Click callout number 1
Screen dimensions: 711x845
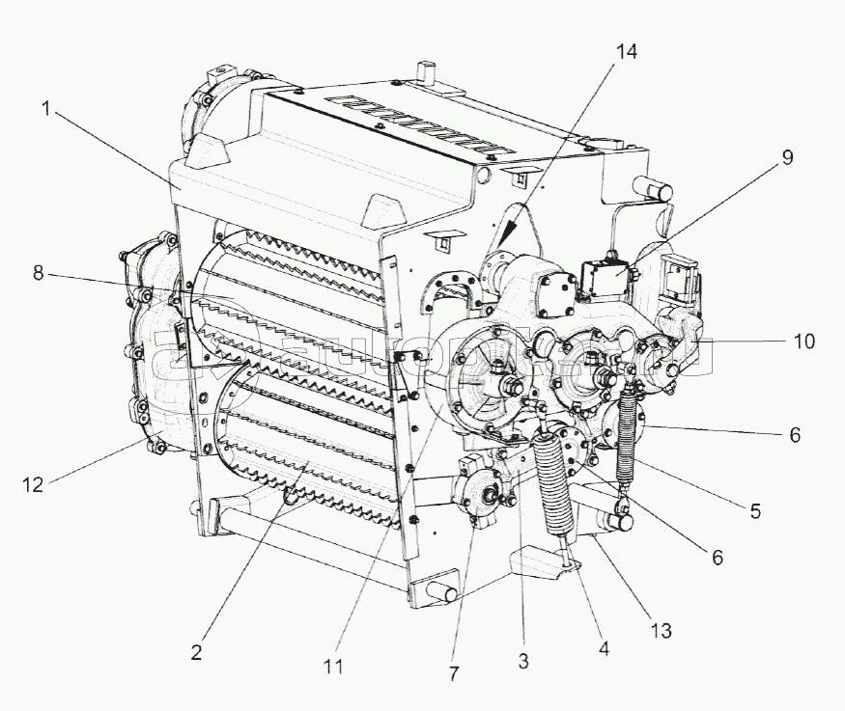click(x=45, y=110)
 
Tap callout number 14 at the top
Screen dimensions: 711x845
click(x=627, y=53)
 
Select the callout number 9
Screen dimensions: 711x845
click(x=788, y=158)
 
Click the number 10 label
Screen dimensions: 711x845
click(x=803, y=342)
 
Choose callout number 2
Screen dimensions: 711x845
click(x=196, y=652)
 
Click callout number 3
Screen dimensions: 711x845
click(x=522, y=661)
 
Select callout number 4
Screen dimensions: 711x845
click(x=604, y=649)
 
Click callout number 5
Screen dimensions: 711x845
click(x=755, y=510)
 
